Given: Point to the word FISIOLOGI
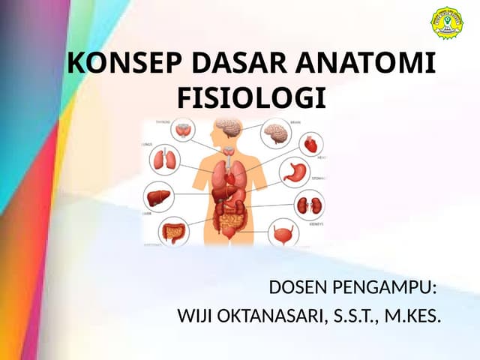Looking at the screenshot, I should tap(252, 97).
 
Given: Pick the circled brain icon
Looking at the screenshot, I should tap(275, 134).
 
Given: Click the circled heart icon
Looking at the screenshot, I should tap(311, 143).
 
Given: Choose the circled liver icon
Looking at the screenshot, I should tap(157, 196).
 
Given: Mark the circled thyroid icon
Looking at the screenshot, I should tap(184, 131).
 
